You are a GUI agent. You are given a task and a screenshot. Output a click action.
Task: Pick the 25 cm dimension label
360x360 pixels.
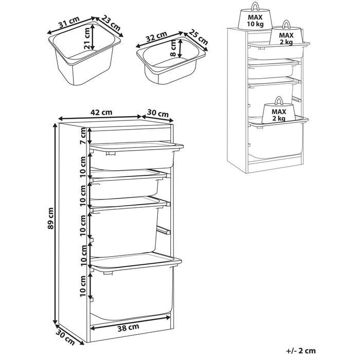point(197,38)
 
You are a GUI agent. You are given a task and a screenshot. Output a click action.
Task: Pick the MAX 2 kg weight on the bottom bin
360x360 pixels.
point(278,112)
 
